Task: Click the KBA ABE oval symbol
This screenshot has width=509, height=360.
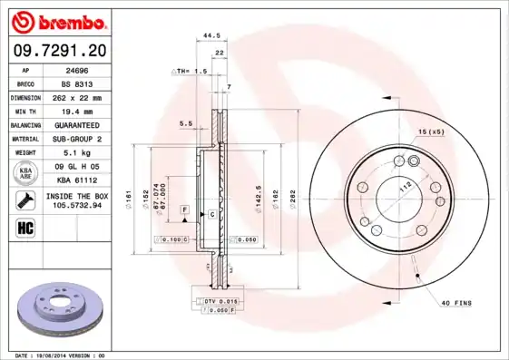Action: pyautogui.click(x=26, y=172)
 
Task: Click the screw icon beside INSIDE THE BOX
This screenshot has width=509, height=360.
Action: pyautogui.click(x=26, y=199)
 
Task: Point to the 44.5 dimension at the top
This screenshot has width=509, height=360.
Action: pyautogui.click(x=211, y=35)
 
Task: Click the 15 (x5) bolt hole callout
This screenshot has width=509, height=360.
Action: pyautogui.click(x=432, y=133)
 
